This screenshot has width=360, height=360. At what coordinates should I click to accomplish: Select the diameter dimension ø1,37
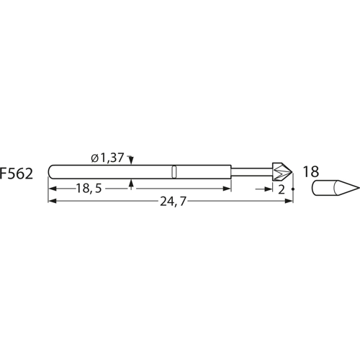(x=107, y=158)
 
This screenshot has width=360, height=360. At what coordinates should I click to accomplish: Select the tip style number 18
(x=311, y=171)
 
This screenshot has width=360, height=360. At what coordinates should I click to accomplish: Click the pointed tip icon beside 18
(x=335, y=189)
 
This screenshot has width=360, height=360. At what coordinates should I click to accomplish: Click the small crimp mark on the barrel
(x=174, y=171)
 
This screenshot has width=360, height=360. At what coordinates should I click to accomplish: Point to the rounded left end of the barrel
(x=51, y=171)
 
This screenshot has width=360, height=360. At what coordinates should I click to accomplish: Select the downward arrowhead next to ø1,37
(x=132, y=163)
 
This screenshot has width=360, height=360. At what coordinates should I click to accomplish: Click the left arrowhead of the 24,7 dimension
(x=51, y=202)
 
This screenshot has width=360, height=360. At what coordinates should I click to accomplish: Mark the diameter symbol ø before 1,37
(x=94, y=158)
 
